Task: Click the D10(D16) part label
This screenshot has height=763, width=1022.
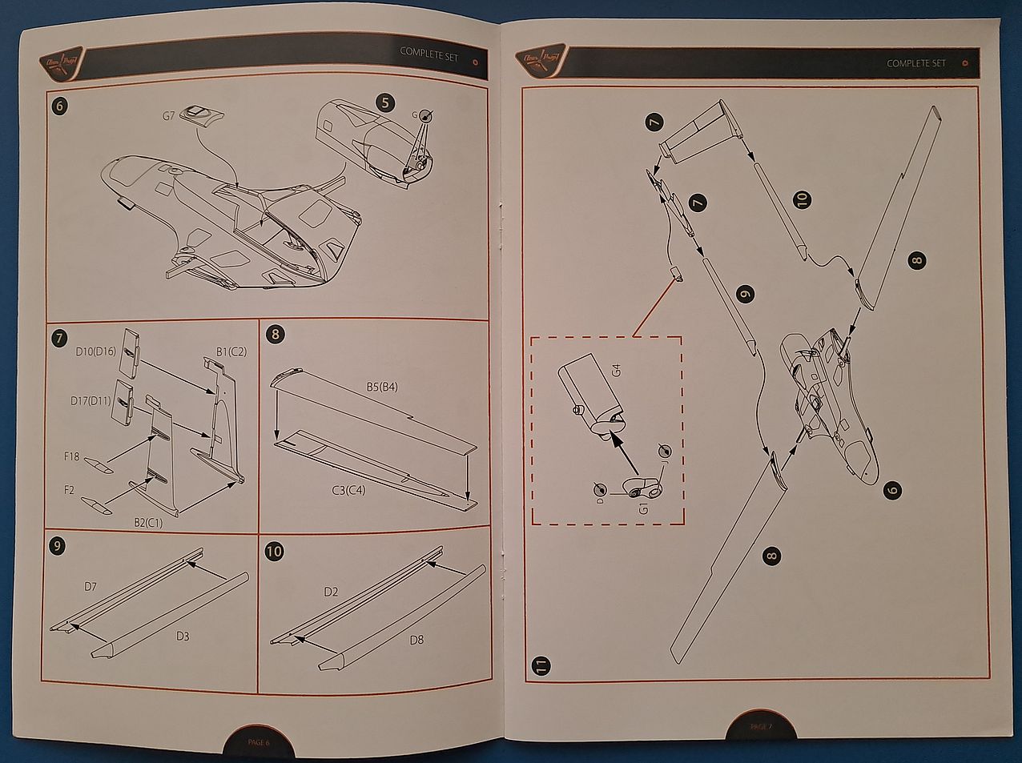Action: pyautogui.click(x=95, y=351)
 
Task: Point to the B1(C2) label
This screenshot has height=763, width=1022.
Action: pyautogui.click(x=231, y=351)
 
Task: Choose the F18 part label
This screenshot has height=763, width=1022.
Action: pyautogui.click(x=72, y=457)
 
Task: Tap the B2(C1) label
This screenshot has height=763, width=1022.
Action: pyautogui.click(x=150, y=522)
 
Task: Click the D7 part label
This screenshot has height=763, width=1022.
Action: pyautogui.click(x=91, y=587)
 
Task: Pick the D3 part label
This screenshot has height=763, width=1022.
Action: pyautogui.click(x=183, y=636)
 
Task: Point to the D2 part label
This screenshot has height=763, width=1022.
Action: pyautogui.click(x=331, y=592)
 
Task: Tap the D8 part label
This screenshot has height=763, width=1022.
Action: pyautogui.click(x=416, y=640)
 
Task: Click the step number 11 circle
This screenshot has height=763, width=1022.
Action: pyautogui.click(x=542, y=665)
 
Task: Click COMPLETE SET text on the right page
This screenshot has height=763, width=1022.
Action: pyautogui.click(x=915, y=63)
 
